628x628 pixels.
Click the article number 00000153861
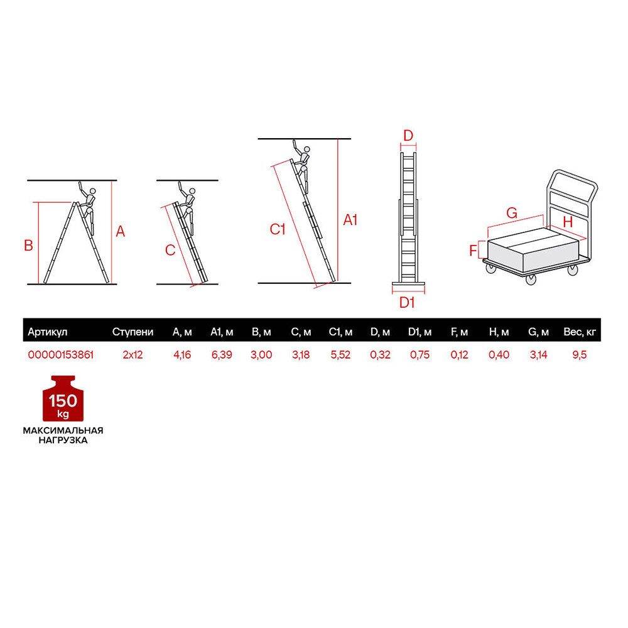pyautogui.click(x=61, y=355)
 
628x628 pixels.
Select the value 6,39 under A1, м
pyautogui.click(x=222, y=355)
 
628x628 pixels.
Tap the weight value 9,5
pyautogui.click(x=579, y=355)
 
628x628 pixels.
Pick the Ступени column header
pyautogui.click(x=133, y=332)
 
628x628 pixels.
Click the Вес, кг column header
pyautogui.click(x=580, y=332)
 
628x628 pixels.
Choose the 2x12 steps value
pyautogui.click(x=133, y=355)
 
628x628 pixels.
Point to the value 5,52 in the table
pyautogui.click(x=340, y=355)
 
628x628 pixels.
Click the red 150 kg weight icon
pyautogui.click(x=63, y=399)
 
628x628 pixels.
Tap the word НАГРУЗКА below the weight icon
pyautogui.click(x=63, y=440)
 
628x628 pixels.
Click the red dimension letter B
pyautogui.click(x=28, y=246)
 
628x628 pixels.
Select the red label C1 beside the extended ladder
pyautogui.click(x=277, y=229)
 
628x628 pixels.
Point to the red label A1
pyautogui.click(x=350, y=220)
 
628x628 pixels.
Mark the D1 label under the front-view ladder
pyautogui.click(x=407, y=303)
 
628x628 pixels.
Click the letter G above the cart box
pyautogui.click(x=512, y=213)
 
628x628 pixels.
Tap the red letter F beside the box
pyautogui.click(x=474, y=251)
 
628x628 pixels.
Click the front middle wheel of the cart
pyautogui.click(x=531, y=279)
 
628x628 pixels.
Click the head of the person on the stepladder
pyautogui.click(x=92, y=192)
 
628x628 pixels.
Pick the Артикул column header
pyautogui.click(x=47, y=332)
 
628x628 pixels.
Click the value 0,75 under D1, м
pyautogui.click(x=420, y=355)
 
